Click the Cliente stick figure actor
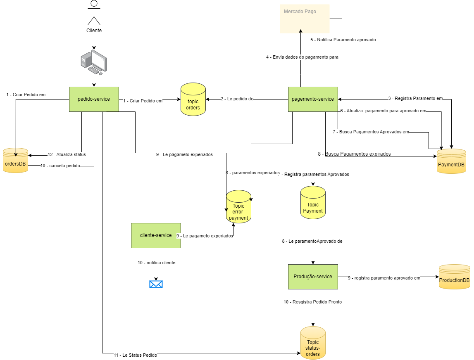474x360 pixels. [x=94, y=13]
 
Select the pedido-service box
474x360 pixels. [x=94, y=99]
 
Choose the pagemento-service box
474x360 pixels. [x=313, y=99]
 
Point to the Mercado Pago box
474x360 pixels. [x=305, y=19]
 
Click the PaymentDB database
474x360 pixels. [x=451, y=161]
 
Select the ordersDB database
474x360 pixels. [x=15, y=160]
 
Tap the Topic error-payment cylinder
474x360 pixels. [x=238, y=207]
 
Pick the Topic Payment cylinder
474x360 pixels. [x=313, y=203]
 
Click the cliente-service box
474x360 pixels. [x=156, y=235]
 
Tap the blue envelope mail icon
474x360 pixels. [x=156, y=284]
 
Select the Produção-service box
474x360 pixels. [x=313, y=277]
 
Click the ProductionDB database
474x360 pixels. [x=454, y=277]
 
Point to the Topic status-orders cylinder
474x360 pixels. [x=313, y=343]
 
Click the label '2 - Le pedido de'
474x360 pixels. [x=237, y=99]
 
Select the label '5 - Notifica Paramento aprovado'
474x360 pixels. [x=343, y=40]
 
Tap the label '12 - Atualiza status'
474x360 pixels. [x=67, y=155]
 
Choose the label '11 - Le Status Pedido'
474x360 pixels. [x=135, y=355]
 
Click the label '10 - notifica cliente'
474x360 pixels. [x=156, y=263]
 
